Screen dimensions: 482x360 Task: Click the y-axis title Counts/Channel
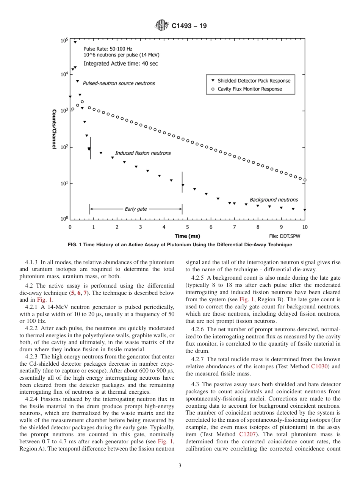pyautogui.click(x=54, y=129)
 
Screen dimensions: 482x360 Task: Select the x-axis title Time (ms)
pyautogui.click(x=188, y=236)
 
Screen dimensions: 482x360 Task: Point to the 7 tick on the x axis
pyautogui.click(x=234, y=227)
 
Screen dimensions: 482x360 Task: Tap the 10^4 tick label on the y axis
pyautogui.click(x=64, y=75)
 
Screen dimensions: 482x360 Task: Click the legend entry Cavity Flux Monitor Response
pyautogui.click(x=250, y=89)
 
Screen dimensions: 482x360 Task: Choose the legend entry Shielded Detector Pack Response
pyautogui.click(x=254, y=81)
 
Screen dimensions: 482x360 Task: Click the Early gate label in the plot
pyautogui.click(x=136, y=209)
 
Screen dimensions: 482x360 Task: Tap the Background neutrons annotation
pyautogui.click(x=274, y=200)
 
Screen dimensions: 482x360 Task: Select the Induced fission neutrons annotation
pyautogui.click(x=143, y=153)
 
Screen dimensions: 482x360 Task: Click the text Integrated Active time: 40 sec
pyautogui.click(x=121, y=64)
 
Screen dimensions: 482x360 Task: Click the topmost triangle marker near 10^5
pyautogui.click(x=75, y=42)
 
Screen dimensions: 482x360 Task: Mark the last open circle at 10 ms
pyautogui.click(x=305, y=180)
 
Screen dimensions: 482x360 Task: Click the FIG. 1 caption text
pyautogui.click(x=180, y=245)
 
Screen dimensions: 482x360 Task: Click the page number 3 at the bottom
pyautogui.click(x=180, y=466)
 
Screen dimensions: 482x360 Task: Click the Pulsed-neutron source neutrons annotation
pyautogui.click(x=119, y=83)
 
